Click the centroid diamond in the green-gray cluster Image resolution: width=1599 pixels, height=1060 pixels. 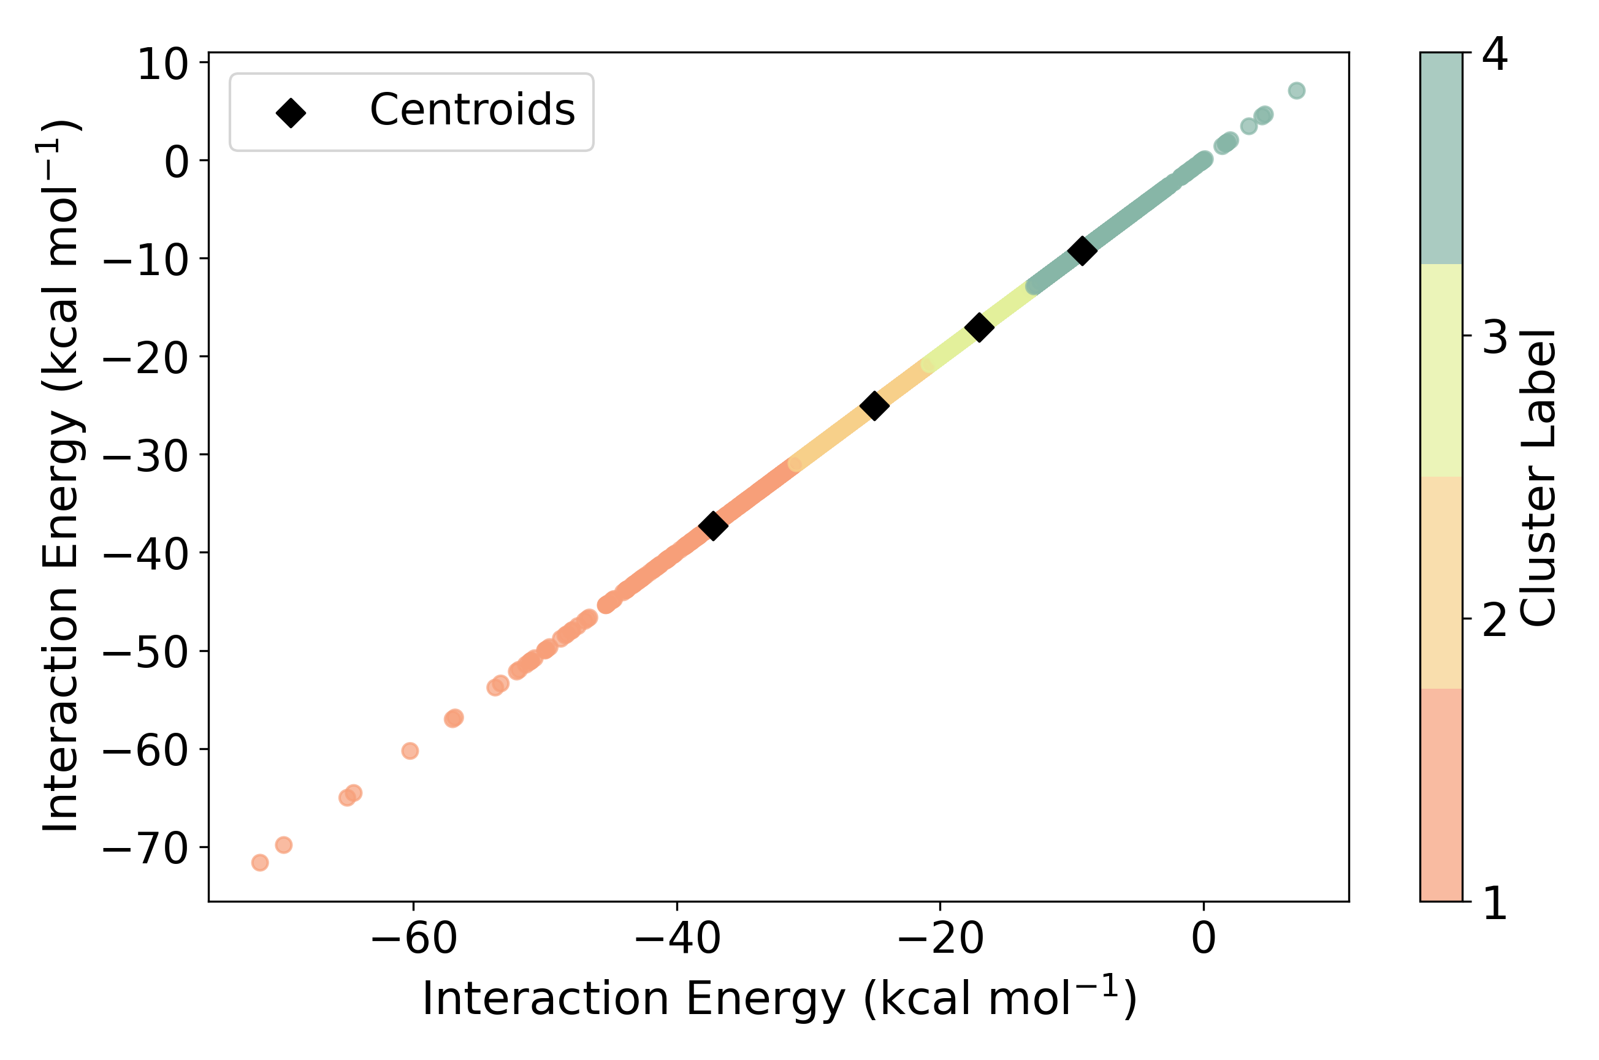[1082, 251]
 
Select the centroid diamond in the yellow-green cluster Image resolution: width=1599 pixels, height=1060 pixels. [979, 327]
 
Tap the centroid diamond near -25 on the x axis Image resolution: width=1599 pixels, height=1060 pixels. [874, 406]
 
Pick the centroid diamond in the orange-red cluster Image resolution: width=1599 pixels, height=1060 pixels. [713, 525]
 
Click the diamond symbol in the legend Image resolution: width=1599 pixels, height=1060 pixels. [291, 112]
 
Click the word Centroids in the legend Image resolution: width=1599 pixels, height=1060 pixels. [472, 110]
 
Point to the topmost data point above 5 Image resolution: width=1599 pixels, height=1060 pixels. [1296, 91]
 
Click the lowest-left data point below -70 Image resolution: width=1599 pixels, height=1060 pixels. [260, 863]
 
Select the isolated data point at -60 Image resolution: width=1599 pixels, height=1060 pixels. [410, 751]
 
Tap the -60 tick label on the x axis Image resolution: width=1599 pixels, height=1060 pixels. [413, 939]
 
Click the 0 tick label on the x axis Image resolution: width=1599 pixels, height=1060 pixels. [1204, 939]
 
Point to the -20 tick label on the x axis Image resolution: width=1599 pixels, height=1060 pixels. [940, 939]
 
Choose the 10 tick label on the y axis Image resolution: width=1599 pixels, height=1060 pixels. [162, 65]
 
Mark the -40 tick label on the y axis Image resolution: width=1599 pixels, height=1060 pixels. [145, 555]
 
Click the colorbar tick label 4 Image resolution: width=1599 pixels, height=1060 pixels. [1494, 54]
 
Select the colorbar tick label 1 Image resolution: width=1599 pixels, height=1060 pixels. [1494, 903]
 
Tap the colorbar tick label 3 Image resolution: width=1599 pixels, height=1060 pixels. [1494, 336]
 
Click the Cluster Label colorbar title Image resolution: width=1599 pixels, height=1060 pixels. [1538, 477]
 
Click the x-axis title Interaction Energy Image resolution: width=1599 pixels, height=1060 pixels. [779, 999]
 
